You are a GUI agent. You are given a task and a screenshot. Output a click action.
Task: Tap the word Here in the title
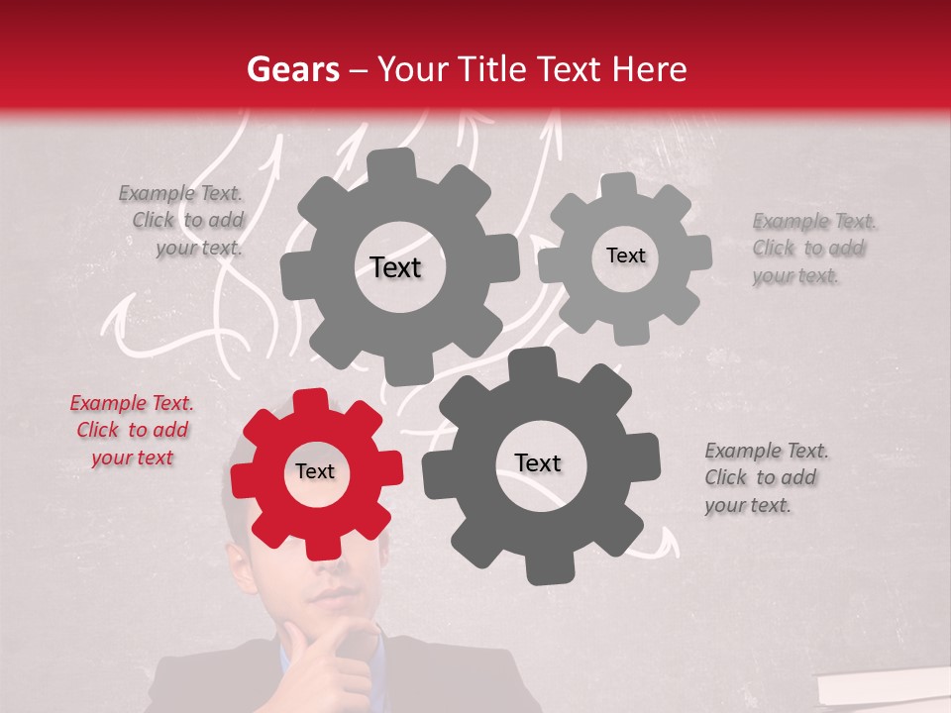coord(650,69)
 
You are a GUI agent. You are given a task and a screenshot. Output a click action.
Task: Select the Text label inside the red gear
coord(315,472)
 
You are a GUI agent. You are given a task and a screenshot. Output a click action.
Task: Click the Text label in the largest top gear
coord(395,267)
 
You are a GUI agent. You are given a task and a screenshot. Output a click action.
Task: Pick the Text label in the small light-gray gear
coord(625,255)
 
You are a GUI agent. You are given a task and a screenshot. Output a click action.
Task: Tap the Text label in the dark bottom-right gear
coord(538,463)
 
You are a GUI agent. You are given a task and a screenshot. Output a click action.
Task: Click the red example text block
coord(131,430)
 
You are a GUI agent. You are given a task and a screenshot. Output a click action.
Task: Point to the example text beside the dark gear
coord(765,477)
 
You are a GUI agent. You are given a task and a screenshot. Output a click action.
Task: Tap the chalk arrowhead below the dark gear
coord(671,540)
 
